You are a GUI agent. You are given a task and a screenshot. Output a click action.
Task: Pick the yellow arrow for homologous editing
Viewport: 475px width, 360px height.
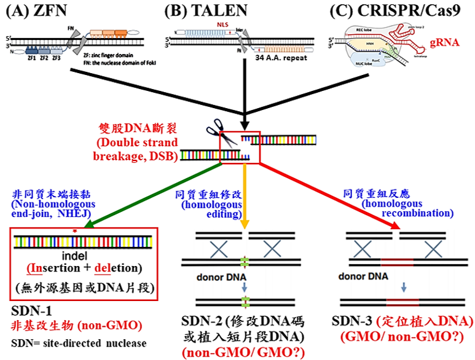(245, 197)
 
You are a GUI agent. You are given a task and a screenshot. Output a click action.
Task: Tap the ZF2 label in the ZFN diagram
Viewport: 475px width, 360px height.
(44, 58)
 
